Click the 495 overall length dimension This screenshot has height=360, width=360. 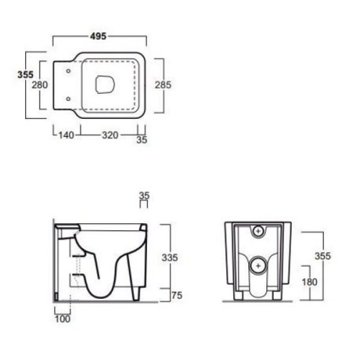pyautogui.click(x=99, y=36)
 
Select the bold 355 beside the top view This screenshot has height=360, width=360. pyautogui.click(x=25, y=75)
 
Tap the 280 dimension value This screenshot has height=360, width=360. pyautogui.click(x=40, y=85)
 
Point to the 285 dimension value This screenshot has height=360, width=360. pyautogui.click(x=163, y=85)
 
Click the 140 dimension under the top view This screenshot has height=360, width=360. pyautogui.click(x=66, y=135)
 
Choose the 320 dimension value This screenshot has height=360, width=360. pyautogui.click(x=110, y=135)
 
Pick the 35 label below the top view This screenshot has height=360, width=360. pyautogui.click(x=142, y=140)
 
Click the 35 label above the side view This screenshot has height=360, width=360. pyautogui.click(x=144, y=196)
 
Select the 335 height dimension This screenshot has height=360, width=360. pyautogui.click(x=170, y=258)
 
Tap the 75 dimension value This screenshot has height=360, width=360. pyautogui.click(x=177, y=295)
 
